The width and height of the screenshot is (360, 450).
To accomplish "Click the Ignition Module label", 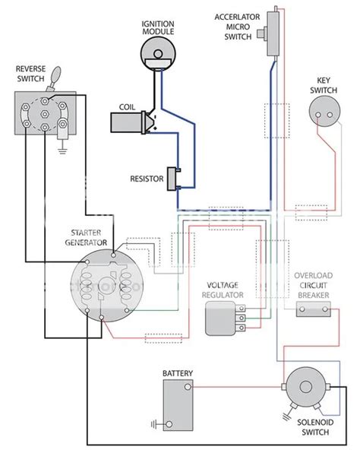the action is pos(158,27).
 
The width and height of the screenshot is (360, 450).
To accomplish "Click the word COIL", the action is pos(127,107).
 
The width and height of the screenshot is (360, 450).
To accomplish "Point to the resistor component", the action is pos(173,179).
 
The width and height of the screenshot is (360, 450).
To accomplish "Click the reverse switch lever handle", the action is pos(55,74).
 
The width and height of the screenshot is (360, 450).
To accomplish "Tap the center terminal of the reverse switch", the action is pos(45,114).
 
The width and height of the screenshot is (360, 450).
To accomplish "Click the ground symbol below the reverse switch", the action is pos(62,150).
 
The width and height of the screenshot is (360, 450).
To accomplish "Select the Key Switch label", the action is pos(324,85).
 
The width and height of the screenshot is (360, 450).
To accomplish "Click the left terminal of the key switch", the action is pos(318,115).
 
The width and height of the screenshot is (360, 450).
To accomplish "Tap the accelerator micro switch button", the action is pos(261,33).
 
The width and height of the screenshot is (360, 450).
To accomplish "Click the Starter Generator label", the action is pos(86,238).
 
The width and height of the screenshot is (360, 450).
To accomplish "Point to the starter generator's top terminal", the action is pos(114,255).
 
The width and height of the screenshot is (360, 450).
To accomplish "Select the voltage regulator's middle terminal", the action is pos(242,318).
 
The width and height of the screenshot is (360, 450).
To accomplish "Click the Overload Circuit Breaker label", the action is pos(313,285).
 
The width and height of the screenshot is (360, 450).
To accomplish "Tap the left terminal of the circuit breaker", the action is pos(302,309).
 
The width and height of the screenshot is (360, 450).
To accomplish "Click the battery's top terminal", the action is pos(188,387).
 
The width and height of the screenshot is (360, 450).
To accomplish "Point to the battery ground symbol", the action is pos(154,424).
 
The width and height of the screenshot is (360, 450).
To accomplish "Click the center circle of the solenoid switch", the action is pos(305,387).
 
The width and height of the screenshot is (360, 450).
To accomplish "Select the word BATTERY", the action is pos(178,373).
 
